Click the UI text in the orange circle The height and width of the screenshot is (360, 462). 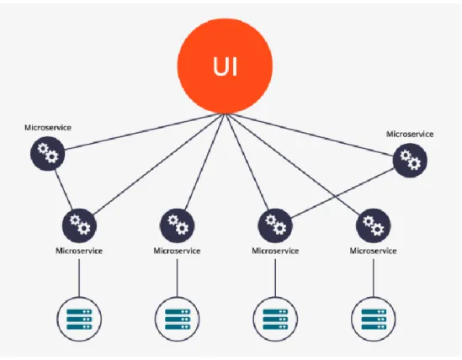225,66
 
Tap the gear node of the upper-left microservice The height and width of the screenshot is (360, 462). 47,153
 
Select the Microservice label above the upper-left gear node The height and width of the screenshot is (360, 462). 48,128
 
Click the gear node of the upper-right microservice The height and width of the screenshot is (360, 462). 410,161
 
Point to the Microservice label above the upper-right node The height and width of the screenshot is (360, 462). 410,135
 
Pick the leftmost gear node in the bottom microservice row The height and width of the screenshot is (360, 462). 79,225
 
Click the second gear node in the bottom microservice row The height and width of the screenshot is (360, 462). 177,225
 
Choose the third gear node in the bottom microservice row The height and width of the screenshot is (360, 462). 275,225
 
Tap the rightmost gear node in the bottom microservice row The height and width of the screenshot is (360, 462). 374,225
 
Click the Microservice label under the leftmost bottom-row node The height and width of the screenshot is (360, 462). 79,251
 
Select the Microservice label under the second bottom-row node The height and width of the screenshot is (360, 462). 177,251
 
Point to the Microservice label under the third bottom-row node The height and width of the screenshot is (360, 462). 275,251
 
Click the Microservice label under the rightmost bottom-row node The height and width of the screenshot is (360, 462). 374,251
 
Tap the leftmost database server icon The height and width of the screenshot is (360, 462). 79,319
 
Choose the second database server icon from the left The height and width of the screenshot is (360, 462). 177,319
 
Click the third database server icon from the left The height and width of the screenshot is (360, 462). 275,319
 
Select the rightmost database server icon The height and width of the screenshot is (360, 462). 374,319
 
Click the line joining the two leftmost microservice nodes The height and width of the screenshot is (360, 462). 63,189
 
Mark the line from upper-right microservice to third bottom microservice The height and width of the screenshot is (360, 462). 343,193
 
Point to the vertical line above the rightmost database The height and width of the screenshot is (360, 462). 374,278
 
